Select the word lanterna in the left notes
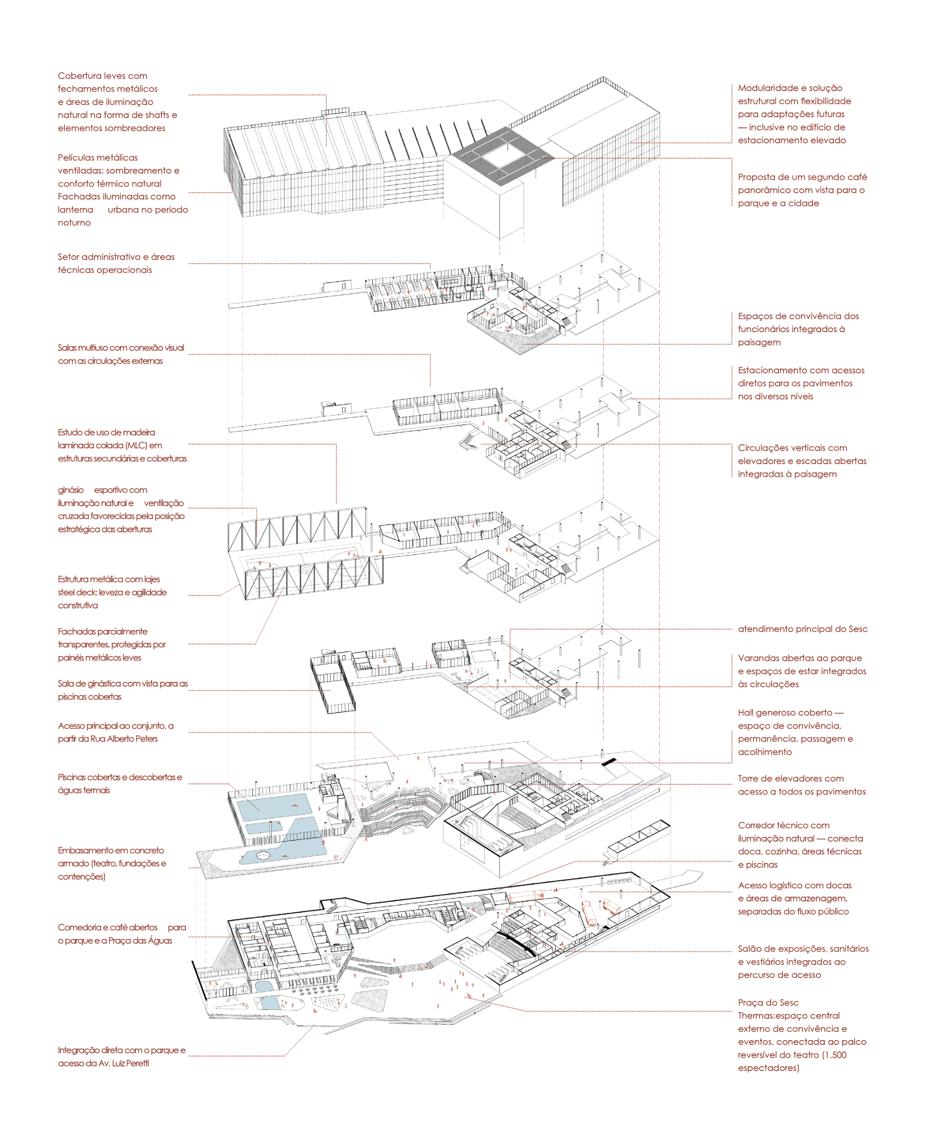click(75, 210)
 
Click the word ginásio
click(71, 490)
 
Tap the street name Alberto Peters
click(133, 739)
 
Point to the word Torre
click(750, 779)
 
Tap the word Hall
click(746, 713)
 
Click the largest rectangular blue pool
click(274, 807)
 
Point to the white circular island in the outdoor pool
click(264, 856)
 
